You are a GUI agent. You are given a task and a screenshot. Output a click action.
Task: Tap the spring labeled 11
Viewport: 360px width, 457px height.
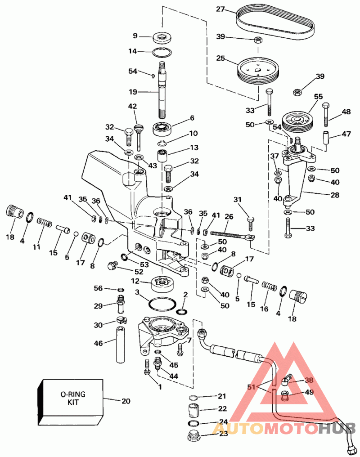pyautogui.click(x=45, y=222)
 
